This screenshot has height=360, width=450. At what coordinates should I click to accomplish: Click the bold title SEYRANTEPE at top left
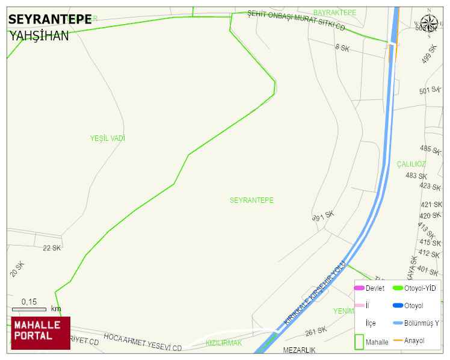point(50,20)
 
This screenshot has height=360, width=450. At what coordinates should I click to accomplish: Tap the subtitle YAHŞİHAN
point(39,36)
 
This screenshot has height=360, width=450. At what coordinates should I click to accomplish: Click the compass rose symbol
point(429,24)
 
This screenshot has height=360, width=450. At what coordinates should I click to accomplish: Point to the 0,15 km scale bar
point(29,309)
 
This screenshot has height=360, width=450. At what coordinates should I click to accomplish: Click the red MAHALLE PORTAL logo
point(40,333)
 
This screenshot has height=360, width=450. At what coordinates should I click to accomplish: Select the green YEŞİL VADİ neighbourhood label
point(108,138)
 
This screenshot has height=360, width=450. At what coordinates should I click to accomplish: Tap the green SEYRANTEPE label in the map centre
point(251,200)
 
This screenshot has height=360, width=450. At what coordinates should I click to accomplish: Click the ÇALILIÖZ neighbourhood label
point(411,164)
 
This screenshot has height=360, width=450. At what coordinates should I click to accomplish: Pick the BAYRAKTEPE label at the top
point(334,13)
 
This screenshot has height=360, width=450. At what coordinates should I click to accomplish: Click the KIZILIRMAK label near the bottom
point(224,343)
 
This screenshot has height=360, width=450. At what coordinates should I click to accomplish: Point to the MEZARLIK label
point(299,350)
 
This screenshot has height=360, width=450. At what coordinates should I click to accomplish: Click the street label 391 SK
point(323,216)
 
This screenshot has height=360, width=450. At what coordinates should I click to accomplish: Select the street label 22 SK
point(52,248)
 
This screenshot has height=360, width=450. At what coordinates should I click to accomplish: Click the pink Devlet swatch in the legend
point(359,288)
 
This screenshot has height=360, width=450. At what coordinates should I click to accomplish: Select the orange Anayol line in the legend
point(398,341)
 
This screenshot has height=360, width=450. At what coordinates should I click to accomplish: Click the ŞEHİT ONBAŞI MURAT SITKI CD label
point(296,20)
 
